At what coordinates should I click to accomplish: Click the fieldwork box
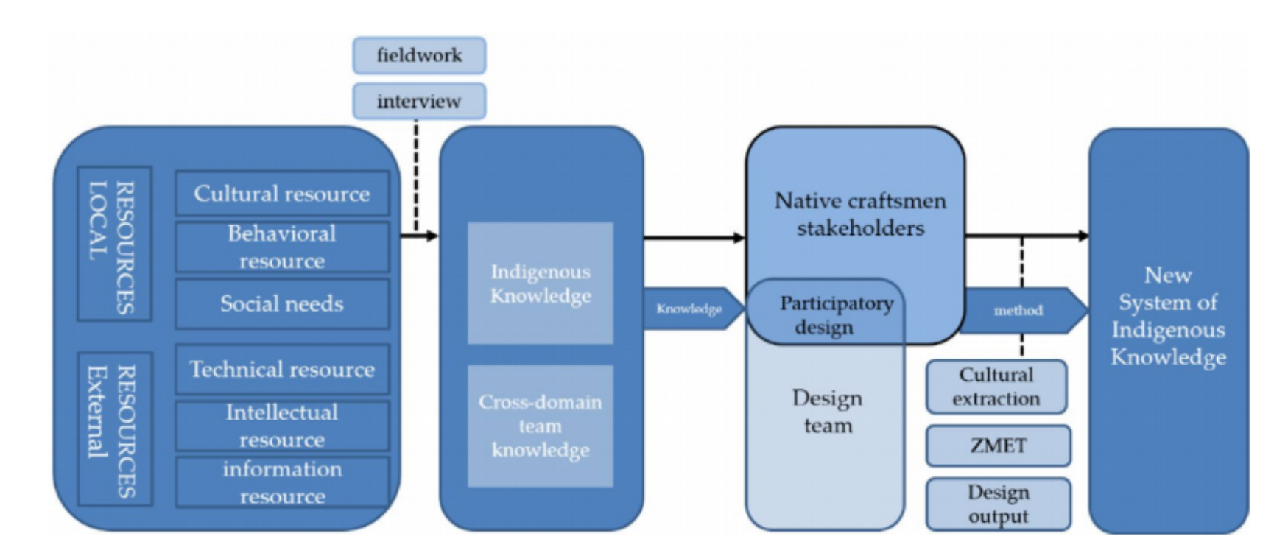click(419, 55)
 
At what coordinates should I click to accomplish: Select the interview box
click(419, 101)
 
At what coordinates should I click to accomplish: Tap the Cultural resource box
click(282, 194)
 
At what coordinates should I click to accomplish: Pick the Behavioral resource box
click(282, 247)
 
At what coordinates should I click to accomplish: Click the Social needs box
click(282, 303)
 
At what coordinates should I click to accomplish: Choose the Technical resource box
click(282, 369)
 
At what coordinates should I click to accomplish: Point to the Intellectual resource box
click(282, 425)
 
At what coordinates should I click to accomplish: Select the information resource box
click(282, 482)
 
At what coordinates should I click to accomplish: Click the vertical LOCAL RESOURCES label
click(114, 244)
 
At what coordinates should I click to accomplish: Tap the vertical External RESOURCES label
click(114, 428)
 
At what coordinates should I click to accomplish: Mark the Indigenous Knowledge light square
click(541, 284)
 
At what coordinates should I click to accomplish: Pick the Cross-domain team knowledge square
click(541, 426)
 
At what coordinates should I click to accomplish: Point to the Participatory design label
click(832, 314)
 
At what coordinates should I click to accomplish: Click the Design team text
click(827, 412)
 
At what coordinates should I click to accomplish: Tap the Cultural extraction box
click(996, 387)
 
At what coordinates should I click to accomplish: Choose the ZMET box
click(998, 446)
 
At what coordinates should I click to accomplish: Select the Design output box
click(998, 504)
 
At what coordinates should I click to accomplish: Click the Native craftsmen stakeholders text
click(859, 214)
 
